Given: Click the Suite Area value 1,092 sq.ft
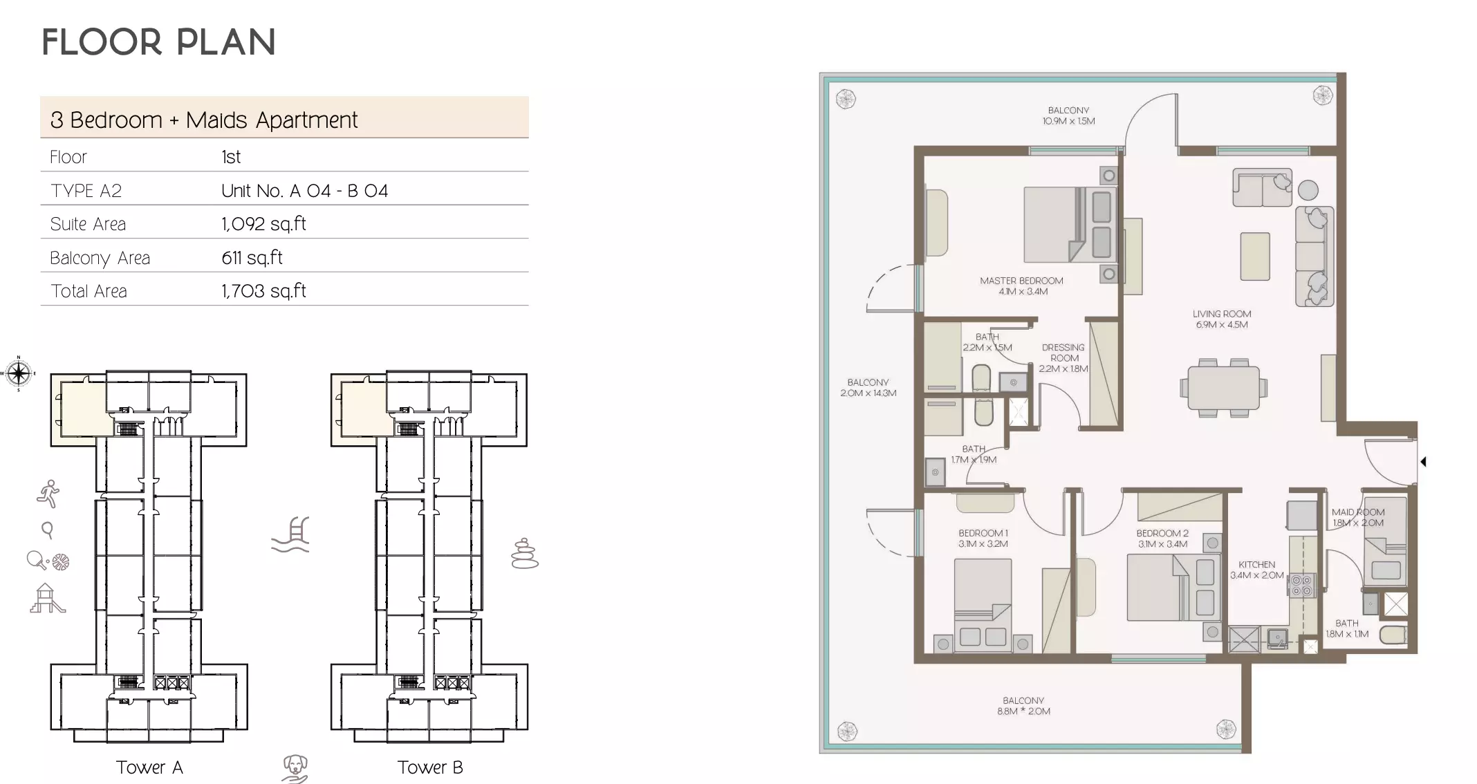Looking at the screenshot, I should tap(263, 224).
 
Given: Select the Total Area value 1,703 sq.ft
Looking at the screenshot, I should tap(263, 291).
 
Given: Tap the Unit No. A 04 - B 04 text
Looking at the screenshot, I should tap(304, 191).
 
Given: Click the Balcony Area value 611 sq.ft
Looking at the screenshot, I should tap(252, 258).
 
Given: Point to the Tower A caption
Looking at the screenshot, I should tap(149, 767).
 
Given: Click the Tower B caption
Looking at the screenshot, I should tap(429, 767).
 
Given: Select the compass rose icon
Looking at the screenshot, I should tap(19, 374).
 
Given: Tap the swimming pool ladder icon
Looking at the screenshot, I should tap(290, 535).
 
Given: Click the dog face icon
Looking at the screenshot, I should tap(295, 768).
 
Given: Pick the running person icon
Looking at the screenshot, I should tap(48, 494).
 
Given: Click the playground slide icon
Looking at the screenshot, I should tap(46, 599).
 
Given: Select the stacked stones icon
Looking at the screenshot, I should tap(524, 554).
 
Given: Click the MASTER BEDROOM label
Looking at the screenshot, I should tap(1021, 286).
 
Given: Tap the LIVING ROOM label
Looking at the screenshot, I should tap(1222, 319).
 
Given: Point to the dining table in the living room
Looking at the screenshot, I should tap(1223, 388).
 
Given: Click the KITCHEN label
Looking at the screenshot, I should tap(1256, 570).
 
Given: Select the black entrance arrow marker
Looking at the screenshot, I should tap(1423, 461).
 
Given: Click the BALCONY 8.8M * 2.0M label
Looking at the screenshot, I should tap(1023, 706).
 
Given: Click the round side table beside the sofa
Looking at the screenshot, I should tap(1308, 189).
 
